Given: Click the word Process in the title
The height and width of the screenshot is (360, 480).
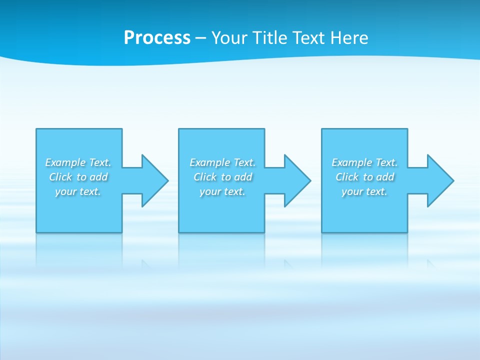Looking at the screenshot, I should point(157,38).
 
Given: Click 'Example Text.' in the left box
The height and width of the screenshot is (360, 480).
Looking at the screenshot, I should point(78,162).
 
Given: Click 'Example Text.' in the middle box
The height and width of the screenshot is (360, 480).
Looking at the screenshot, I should point(222,162).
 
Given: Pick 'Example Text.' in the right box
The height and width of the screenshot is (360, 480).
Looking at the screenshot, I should point(364,162).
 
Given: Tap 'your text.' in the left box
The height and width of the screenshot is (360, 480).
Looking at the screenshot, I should point(78,191).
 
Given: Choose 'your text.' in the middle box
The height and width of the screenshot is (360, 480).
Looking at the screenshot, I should point(222,191).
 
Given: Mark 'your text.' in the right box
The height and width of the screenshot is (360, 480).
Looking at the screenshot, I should point(364,191).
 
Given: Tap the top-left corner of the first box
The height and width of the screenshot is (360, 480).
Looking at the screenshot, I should point(36,129).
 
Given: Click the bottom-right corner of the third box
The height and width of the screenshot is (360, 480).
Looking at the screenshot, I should point(407,232).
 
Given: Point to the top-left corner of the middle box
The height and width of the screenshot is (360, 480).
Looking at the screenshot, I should point(179,129).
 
